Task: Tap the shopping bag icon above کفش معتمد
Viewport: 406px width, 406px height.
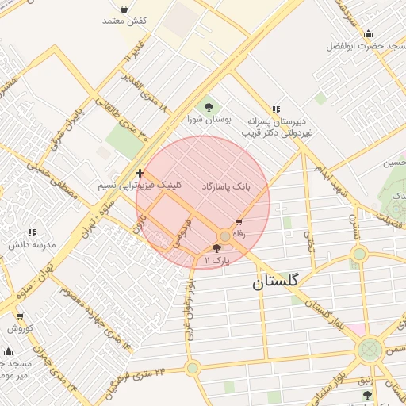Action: click(124, 8)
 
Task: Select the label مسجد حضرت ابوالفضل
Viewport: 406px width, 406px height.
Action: click(366, 46)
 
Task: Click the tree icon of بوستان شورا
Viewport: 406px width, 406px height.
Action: click(209, 106)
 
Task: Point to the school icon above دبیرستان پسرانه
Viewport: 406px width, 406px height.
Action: click(275, 109)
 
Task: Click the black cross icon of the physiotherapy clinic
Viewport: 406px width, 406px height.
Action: click(140, 173)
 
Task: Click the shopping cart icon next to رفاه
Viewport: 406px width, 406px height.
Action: click(239, 223)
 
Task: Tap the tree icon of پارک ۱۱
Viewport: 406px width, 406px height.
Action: click(217, 248)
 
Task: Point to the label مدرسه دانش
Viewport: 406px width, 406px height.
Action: click(33, 244)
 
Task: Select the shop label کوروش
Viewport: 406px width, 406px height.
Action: click(20, 327)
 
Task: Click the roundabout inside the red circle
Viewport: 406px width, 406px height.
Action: click(225, 236)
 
